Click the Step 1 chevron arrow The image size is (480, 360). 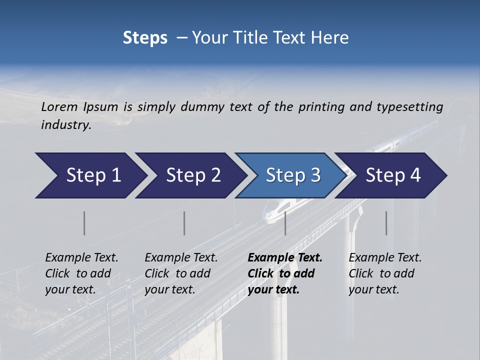[x=90, y=175]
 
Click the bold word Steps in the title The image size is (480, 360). [x=145, y=38]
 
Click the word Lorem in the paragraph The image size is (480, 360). [x=59, y=107]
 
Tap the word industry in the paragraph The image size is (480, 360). [x=65, y=125]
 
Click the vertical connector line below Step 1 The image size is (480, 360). [x=84, y=223]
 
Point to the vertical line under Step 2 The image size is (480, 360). [x=184, y=223]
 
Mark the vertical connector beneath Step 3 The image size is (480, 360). [x=285, y=223]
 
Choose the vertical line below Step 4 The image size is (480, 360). [x=386, y=223]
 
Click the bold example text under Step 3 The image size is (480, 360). [x=284, y=273]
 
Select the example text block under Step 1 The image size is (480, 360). [x=81, y=273]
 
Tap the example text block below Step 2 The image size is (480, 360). [x=180, y=273]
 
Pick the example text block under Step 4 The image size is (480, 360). [x=384, y=273]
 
